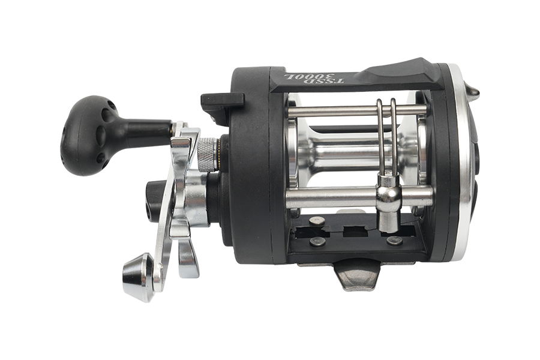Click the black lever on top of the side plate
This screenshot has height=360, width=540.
pos(223,101)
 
